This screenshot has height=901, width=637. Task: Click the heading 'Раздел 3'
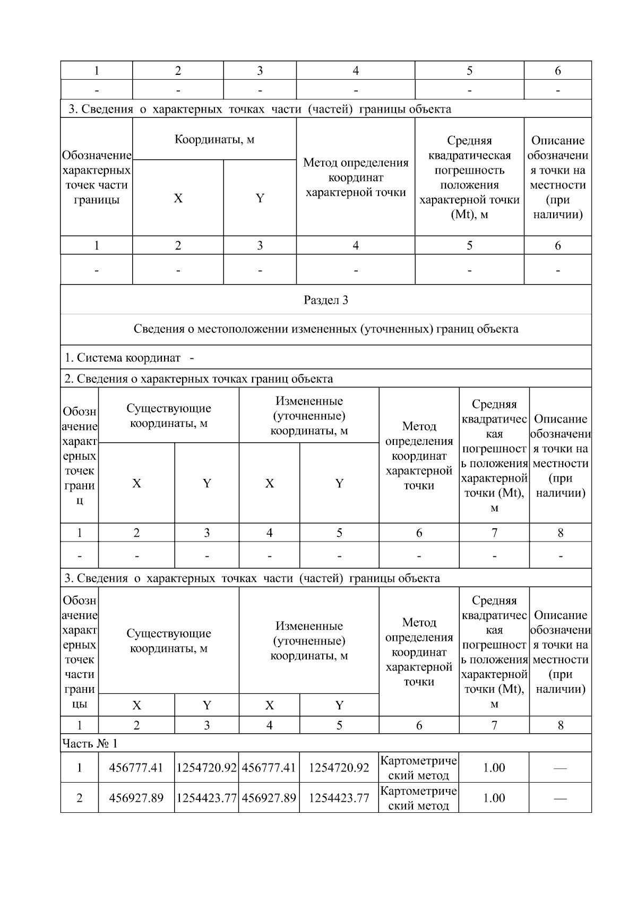tap(325, 300)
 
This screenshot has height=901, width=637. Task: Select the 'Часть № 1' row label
tap(89, 743)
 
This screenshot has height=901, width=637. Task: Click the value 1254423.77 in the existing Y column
tap(206, 798)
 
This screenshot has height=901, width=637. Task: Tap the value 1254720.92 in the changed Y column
tap(339, 768)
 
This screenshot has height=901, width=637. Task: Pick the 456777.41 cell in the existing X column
tap(136, 768)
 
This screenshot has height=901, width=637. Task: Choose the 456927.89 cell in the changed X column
tap(269, 798)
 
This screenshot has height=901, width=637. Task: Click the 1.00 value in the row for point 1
tap(494, 768)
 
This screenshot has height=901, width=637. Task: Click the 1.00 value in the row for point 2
tap(494, 798)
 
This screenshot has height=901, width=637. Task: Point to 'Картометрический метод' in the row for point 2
tap(418, 798)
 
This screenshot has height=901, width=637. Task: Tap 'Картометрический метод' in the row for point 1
tap(418, 768)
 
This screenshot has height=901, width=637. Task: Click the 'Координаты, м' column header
tap(214, 140)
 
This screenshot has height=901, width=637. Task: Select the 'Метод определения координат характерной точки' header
tap(356, 177)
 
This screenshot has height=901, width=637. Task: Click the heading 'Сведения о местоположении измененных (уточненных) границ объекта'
tap(325, 329)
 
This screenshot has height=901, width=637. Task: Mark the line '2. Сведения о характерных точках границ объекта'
tap(199, 379)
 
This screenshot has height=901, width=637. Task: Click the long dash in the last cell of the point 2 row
tap(560, 799)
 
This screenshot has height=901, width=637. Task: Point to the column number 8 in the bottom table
tap(560, 725)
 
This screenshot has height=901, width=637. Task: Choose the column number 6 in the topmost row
tap(557, 71)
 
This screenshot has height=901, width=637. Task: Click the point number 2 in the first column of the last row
tap(80, 798)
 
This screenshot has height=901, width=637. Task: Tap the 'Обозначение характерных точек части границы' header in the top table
tap(96, 177)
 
